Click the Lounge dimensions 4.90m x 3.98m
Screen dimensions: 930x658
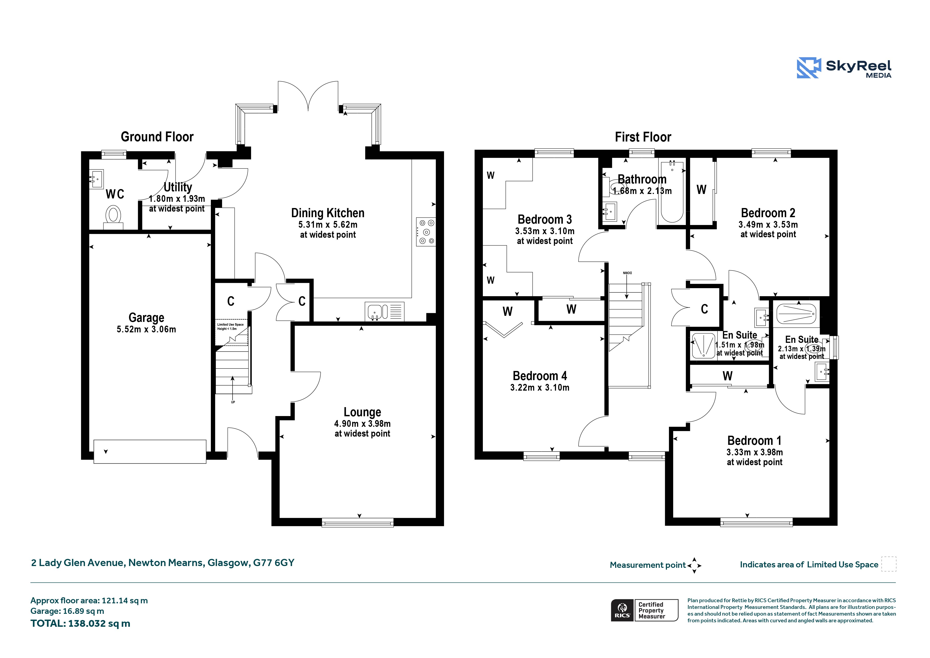362,424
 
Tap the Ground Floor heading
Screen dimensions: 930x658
157,137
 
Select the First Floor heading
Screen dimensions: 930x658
643,137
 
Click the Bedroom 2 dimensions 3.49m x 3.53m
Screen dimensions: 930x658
768,225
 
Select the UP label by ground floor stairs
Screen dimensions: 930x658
233,402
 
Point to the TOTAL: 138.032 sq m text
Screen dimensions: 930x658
80,624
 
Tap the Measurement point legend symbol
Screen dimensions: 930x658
694,565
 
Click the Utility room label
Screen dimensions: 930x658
177,187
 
